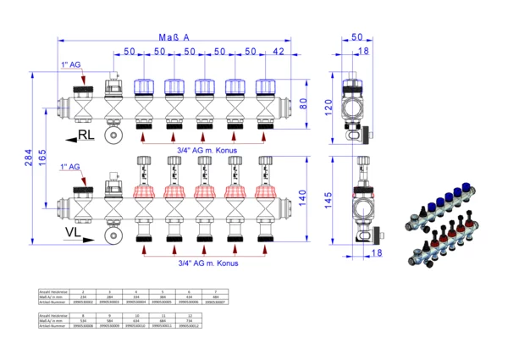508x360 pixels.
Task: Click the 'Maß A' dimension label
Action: (x=174, y=38)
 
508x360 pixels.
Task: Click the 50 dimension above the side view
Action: (x=356, y=38)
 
